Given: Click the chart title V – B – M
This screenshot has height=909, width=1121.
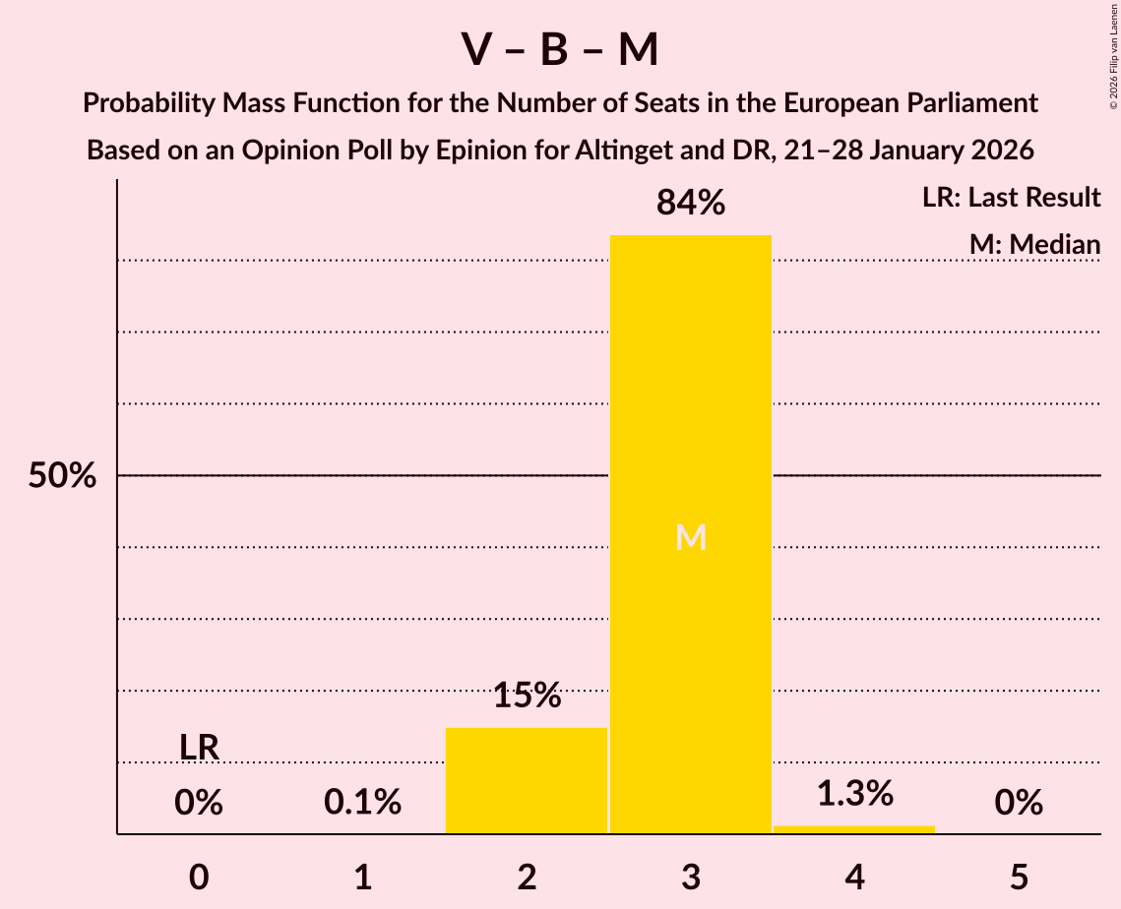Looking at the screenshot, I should pos(560,50).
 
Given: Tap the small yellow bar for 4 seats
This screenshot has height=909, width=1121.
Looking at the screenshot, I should pos(853,829).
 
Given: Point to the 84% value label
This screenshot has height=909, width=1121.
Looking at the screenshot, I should pos(690,204).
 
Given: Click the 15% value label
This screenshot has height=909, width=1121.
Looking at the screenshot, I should pos(527,696).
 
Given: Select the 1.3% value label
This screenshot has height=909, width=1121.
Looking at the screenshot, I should pos(853,793).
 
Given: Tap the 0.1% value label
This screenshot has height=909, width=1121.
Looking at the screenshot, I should pos(362,803).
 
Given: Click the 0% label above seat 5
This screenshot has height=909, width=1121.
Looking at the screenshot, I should pos(1018,803).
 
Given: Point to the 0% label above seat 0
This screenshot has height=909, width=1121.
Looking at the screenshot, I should pos(199,803).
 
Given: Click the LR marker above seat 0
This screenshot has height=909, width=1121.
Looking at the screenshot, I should pos(199,748).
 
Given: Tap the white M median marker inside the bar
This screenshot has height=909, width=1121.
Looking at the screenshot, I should pos(690,537).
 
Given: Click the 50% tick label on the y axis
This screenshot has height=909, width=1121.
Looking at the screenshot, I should pos(62,476).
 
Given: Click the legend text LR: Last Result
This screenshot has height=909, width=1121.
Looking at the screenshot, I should pos(1011,198).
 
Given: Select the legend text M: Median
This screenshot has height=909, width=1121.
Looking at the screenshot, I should pos(1033,244).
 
